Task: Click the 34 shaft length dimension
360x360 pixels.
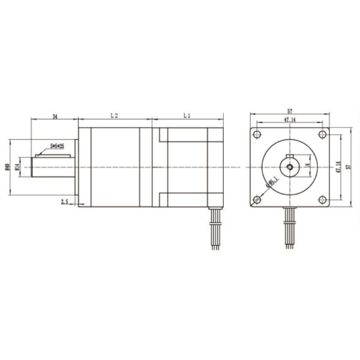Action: tap(55, 115)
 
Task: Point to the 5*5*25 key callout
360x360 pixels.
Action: tap(58, 146)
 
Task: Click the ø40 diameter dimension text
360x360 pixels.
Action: tap(7, 167)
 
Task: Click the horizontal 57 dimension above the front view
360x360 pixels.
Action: tap(290, 112)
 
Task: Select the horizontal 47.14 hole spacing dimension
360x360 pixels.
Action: tap(290, 121)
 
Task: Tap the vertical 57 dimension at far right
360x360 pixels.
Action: tap(349, 166)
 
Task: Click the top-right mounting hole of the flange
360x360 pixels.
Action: tap(322, 134)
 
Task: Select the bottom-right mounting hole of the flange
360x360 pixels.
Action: tap(322, 199)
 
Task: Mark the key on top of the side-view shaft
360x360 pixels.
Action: tap(54, 155)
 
